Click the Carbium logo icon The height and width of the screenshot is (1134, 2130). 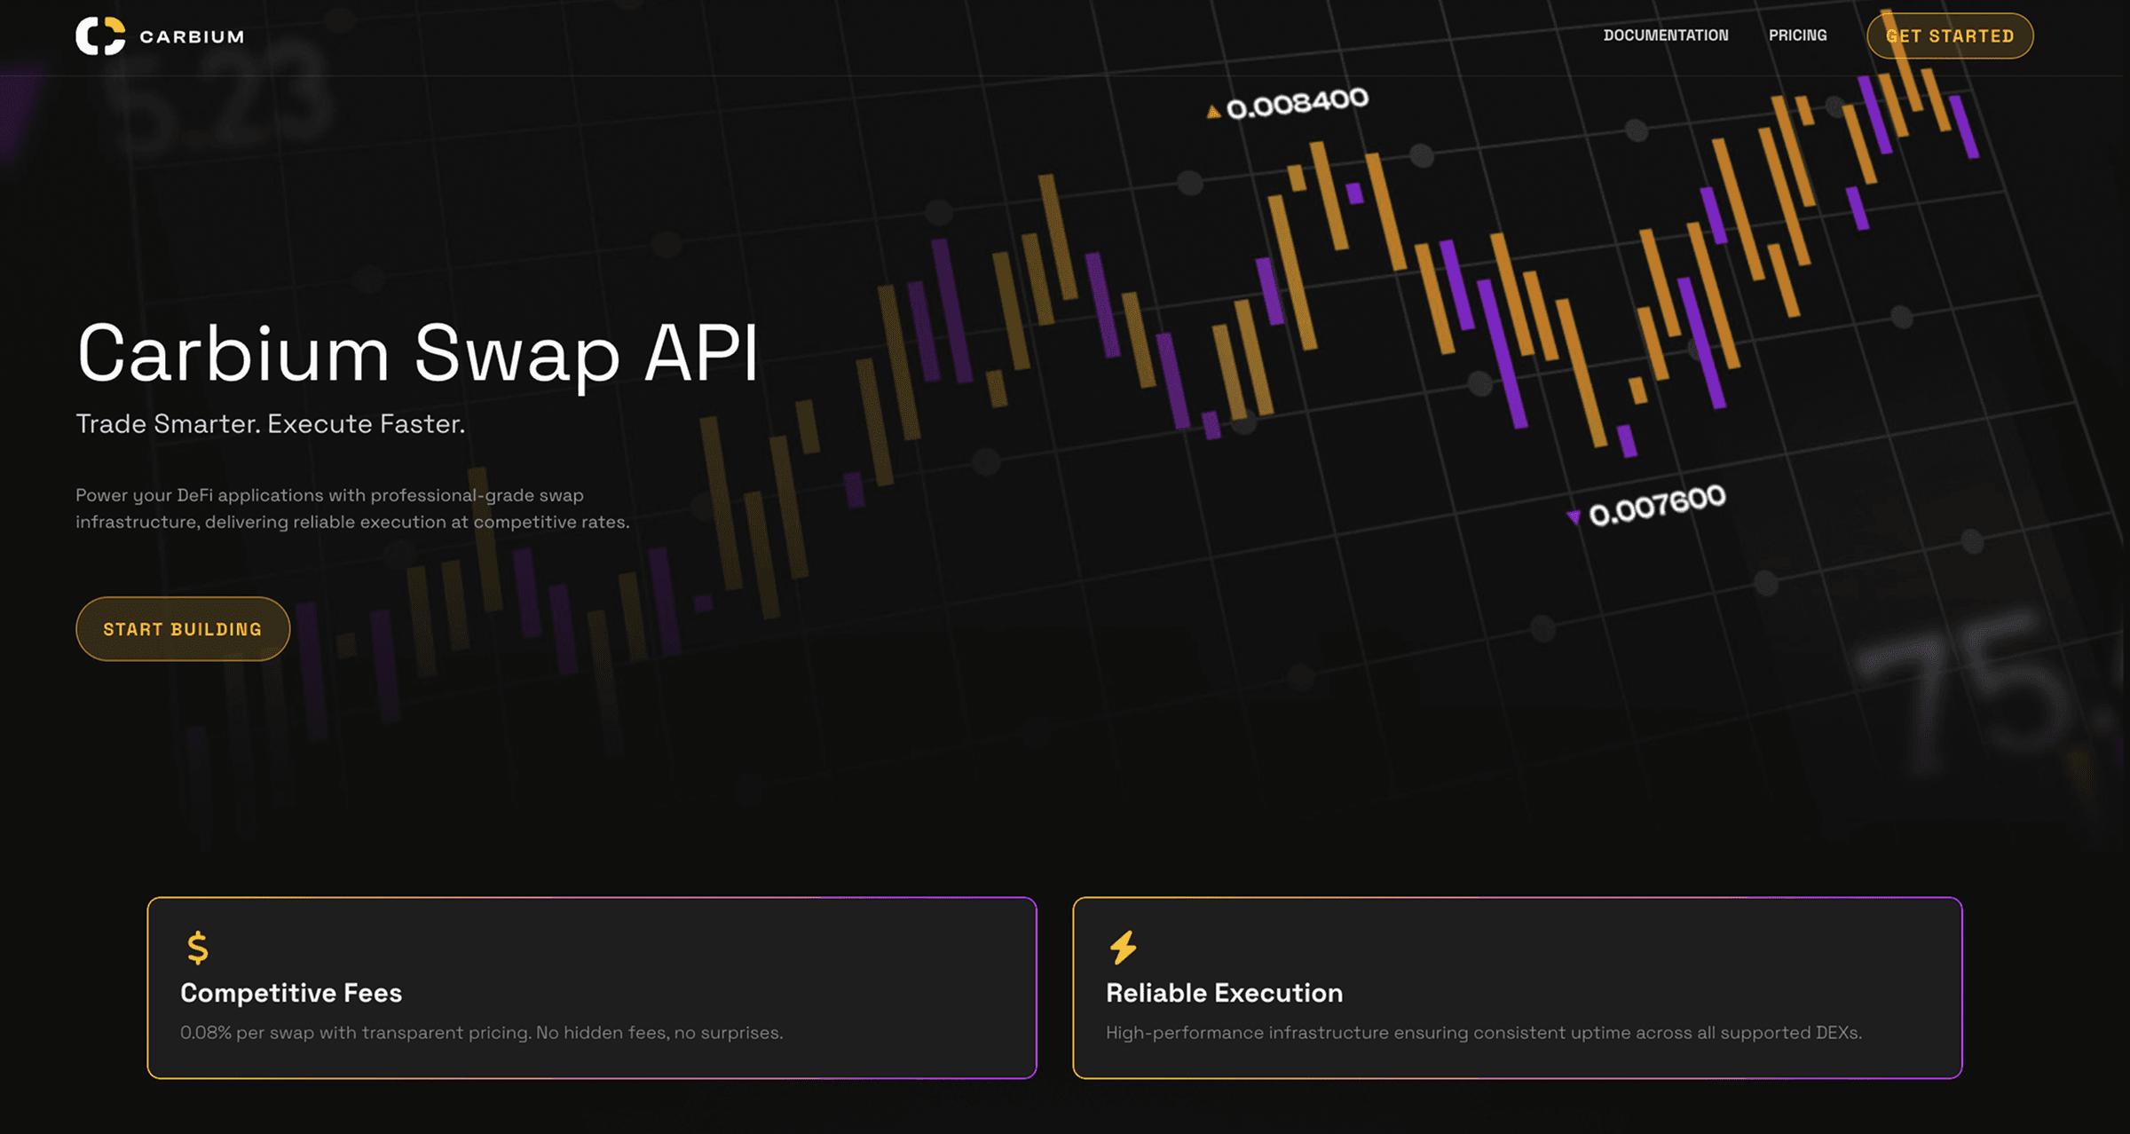[x=100, y=36]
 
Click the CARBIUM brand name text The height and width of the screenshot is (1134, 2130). [x=192, y=36]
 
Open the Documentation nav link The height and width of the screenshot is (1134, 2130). [x=1666, y=35]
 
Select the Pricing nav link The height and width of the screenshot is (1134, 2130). [x=1798, y=35]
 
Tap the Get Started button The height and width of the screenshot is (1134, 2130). [x=1950, y=36]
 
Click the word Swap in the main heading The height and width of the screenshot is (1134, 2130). [x=517, y=354]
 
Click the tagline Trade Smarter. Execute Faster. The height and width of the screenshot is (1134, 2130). [x=270, y=424]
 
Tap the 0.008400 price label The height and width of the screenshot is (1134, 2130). [x=1298, y=103]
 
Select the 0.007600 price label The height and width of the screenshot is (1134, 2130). [x=1657, y=505]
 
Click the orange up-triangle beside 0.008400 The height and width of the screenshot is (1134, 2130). [x=1213, y=112]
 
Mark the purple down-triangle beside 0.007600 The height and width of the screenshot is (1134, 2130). [x=1574, y=517]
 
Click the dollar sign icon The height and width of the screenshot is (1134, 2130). [x=198, y=948]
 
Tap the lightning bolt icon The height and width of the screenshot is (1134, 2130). [x=1124, y=948]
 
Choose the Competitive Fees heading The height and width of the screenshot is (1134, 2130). [x=291, y=993]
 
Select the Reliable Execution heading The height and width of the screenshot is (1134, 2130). [x=1224, y=993]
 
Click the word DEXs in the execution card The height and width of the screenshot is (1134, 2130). [x=1838, y=1033]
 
